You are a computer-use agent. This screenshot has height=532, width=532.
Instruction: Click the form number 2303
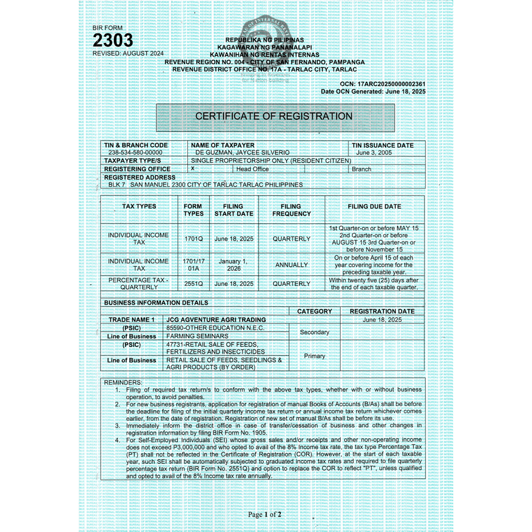coord(113,40)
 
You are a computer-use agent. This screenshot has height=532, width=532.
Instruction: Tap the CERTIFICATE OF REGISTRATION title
coord(274,116)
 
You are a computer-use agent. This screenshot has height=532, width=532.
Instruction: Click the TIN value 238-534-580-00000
coord(135,153)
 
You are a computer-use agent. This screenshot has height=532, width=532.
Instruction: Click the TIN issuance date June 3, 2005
coord(374,153)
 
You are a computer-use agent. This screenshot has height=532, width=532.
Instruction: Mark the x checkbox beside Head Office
coord(193,168)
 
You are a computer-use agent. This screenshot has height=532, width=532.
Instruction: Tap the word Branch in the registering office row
coord(361,169)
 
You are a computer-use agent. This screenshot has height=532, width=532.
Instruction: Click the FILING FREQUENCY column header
coord(292,210)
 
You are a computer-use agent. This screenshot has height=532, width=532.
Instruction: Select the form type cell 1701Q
coord(194,239)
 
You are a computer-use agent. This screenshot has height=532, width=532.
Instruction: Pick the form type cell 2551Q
coord(194,284)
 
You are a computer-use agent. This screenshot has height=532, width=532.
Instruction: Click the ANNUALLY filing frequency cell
coord(292,264)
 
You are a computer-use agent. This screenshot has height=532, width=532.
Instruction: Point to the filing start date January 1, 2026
coord(234,264)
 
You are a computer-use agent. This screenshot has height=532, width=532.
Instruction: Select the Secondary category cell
coord(314,332)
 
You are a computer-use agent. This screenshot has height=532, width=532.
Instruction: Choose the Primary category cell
coord(314,356)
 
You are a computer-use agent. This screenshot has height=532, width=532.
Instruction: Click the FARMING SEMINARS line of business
coord(197,336)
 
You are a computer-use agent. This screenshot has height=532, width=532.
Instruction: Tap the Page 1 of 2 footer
coord(264,514)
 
